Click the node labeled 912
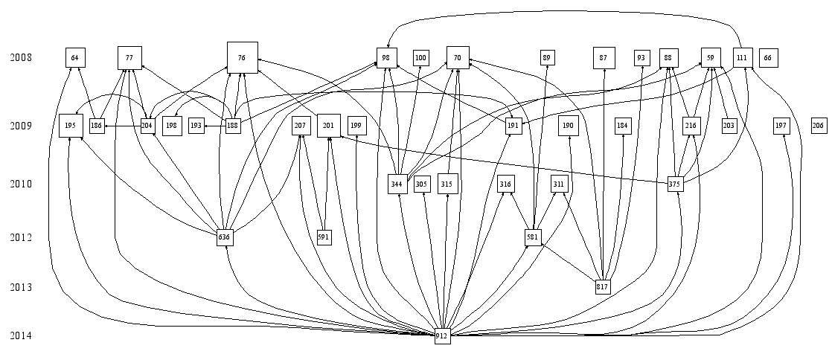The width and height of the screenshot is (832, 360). (x=442, y=335)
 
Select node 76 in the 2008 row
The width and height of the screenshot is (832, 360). (x=242, y=57)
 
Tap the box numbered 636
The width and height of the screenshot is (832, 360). (x=225, y=237)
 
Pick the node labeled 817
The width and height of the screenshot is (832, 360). (x=603, y=286)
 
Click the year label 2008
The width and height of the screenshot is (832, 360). (x=21, y=57)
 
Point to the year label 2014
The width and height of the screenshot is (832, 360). (x=21, y=335)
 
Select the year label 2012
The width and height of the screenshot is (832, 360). (x=21, y=237)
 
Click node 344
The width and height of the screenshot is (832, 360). (x=397, y=184)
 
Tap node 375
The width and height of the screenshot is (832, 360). (x=675, y=184)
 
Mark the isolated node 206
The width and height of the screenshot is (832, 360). (x=819, y=126)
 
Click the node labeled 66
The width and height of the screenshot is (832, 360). (x=768, y=57)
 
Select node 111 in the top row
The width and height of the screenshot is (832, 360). (x=741, y=57)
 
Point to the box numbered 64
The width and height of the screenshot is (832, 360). (x=74, y=57)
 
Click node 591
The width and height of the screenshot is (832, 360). (x=324, y=237)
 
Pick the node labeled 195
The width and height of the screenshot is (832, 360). (x=71, y=126)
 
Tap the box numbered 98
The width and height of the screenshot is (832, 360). (x=386, y=57)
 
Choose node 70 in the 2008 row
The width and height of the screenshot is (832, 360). (x=458, y=57)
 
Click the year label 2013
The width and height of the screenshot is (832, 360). (x=21, y=286)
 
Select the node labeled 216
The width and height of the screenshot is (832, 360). (x=691, y=126)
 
